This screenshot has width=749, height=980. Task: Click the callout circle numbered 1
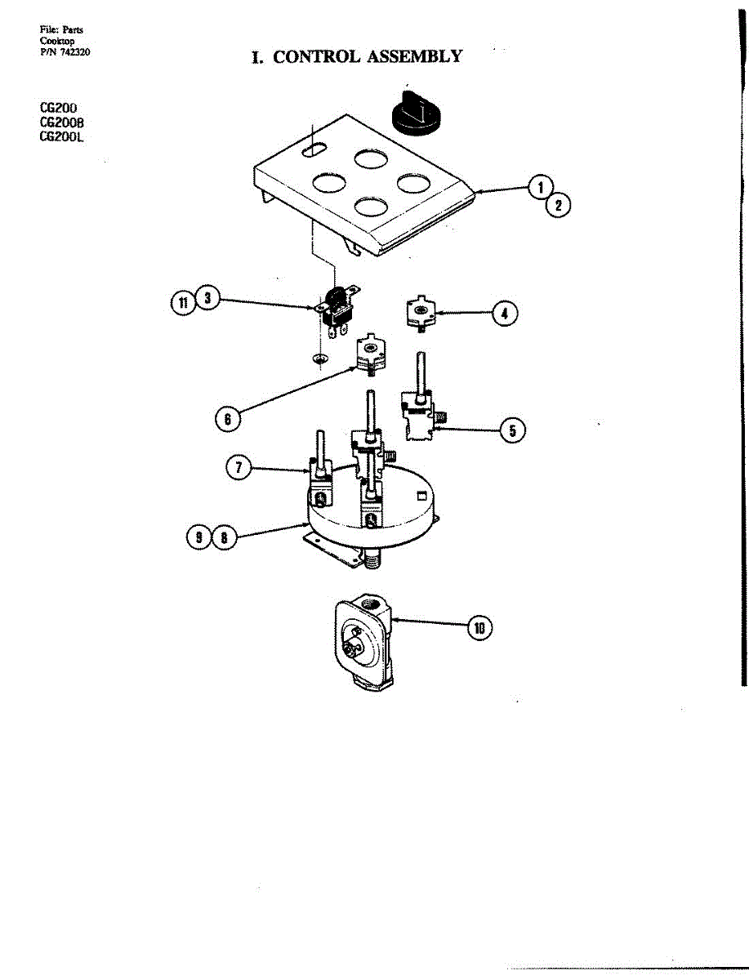(x=539, y=188)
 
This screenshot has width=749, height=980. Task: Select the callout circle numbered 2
(x=558, y=205)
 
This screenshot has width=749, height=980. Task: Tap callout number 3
(x=208, y=300)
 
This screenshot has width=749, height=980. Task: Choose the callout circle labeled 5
(x=512, y=430)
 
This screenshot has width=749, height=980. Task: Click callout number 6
(x=228, y=420)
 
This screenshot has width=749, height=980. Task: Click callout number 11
(x=184, y=302)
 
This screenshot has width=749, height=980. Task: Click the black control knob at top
(x=417, y=111)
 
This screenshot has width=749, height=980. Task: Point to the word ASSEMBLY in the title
(x=414, y=56)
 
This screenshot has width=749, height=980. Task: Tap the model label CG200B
(x=62, y=122)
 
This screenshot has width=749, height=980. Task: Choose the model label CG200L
(x=62, y=137)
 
